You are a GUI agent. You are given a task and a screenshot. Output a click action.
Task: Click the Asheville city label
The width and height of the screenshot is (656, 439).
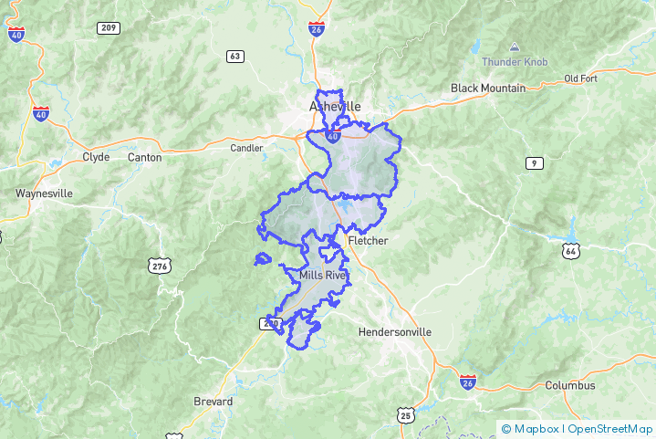pyautogui.click(x=335, y=106)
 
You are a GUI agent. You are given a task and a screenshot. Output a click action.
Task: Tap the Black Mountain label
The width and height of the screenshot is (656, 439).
pyautogui.click(x=488, y=89)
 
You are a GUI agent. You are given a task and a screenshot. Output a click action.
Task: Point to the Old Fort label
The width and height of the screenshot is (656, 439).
pyautogui.click(x=580, y=78)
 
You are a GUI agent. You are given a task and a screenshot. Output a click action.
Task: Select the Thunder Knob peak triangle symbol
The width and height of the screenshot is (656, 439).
pyautogui.click(x=514, y=47)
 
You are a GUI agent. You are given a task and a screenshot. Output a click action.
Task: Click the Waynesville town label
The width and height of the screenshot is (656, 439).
pyautogui.click(x=44, y=193)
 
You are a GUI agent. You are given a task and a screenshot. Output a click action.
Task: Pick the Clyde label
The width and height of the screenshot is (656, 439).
pyautogui.click(x=96, y=157)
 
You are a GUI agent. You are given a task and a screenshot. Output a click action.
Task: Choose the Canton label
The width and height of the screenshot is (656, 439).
pyautogui.click(x=144, y=157)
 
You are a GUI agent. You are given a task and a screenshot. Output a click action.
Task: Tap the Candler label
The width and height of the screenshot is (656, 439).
pyautogui.click(x=246, y=148)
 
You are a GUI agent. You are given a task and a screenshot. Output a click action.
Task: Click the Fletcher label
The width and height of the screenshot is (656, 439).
pyautogui.click(x=368, y=241)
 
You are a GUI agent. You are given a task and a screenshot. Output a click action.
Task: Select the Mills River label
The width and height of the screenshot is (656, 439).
pyautogui.click(x=323, y=275)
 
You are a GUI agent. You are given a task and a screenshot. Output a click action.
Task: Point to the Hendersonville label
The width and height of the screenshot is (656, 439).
pyautogui.click(x=395, y=332)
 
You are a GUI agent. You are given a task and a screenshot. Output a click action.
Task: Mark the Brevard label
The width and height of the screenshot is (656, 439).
pyautogui.click(x=213, y=402)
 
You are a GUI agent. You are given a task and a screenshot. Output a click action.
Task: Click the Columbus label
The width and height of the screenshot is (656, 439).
pyautogui.click(x=570, y=386)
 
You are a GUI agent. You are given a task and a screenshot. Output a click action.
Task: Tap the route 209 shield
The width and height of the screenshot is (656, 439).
pyautogui.click(x=109, y=28)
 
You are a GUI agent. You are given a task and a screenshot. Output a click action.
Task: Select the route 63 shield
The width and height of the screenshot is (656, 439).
pyautogui.click(x=235, y=57)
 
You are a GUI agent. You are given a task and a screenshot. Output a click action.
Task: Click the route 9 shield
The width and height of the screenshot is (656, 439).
pyautogui.click(x=534, y=162)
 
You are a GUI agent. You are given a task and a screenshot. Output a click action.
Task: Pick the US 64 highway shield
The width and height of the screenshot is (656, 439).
pyautogui.click(x=571, y=250)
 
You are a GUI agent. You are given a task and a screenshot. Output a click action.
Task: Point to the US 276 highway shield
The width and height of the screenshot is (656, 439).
pyautogui.click(x=160, y=266)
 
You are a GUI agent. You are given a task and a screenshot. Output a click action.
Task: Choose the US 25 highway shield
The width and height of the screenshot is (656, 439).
pyautogui.click(x=405, y=416)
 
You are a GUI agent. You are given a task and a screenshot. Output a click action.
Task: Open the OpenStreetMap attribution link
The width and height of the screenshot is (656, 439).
pyautogui.click(x=610, y=428)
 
